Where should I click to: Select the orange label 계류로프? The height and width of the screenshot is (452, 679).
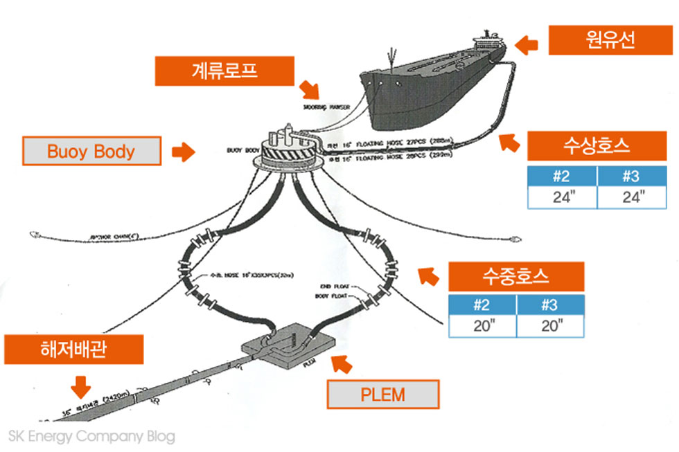pos(215,71)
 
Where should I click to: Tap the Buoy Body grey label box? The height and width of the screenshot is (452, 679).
pos(91,152)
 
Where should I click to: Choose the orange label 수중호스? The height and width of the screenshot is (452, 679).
pos(515,277)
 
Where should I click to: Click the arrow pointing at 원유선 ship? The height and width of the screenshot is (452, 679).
pos(528,45)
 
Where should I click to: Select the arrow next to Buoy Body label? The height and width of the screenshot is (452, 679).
pos(183,152)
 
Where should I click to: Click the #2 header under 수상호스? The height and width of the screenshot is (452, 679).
pos(562,176)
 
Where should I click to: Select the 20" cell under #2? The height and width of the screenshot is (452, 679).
pos(482,325)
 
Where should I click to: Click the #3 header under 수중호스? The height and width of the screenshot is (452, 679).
pos(549,304)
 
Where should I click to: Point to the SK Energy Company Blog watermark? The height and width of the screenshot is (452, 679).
pos(91,437)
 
